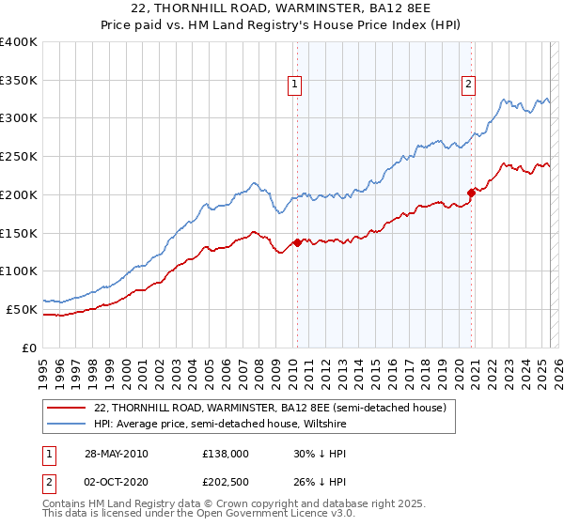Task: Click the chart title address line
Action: pos(281,9)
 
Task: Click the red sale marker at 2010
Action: pos(298,242)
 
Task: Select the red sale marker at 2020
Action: pos(472,193)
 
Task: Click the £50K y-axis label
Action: pos(22,309)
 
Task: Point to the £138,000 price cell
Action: pos(226,454)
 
